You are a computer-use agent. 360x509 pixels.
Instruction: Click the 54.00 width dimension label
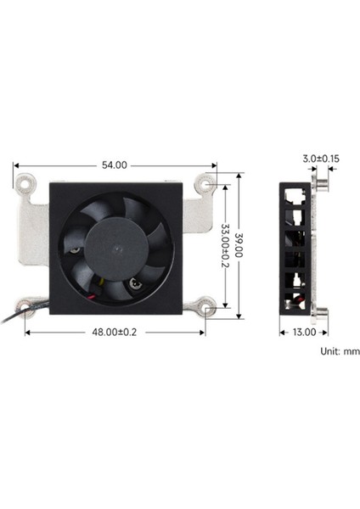[114, 165]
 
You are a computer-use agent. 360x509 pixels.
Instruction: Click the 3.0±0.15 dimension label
[320, 158]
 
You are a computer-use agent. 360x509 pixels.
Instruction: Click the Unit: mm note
[340, 350]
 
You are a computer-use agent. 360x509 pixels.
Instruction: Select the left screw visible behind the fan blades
[75, 250]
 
